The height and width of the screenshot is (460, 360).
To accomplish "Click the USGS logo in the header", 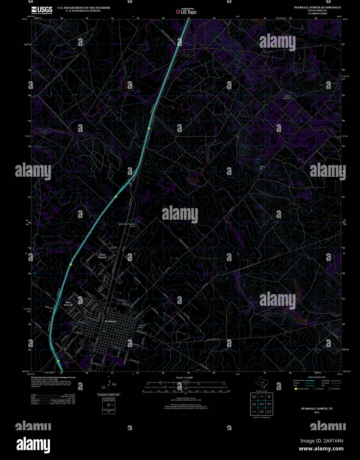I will click(42, 10).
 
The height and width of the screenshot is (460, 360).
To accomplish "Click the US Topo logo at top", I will click(186, 12).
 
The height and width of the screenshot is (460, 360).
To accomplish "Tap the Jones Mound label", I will click(287, 97).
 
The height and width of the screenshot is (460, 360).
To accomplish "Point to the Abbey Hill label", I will click(262, 168).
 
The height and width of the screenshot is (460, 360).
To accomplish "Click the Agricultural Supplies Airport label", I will click(127, 225).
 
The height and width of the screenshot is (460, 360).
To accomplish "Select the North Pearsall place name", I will click(103, 256).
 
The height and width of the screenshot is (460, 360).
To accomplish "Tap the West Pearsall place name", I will click(68, 303).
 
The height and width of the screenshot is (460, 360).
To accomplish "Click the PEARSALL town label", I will click(111, 321).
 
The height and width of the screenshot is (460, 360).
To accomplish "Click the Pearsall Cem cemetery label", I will click(142, 326).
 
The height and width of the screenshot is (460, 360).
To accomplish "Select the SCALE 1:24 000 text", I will click(185, 378).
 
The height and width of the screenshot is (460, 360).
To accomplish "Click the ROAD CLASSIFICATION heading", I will click(316, 377).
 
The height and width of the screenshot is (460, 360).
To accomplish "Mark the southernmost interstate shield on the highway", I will click(58, 361).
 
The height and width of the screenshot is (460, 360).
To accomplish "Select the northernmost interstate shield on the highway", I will click(149, 128).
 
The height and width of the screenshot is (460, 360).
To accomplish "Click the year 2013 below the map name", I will click(317, 412).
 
